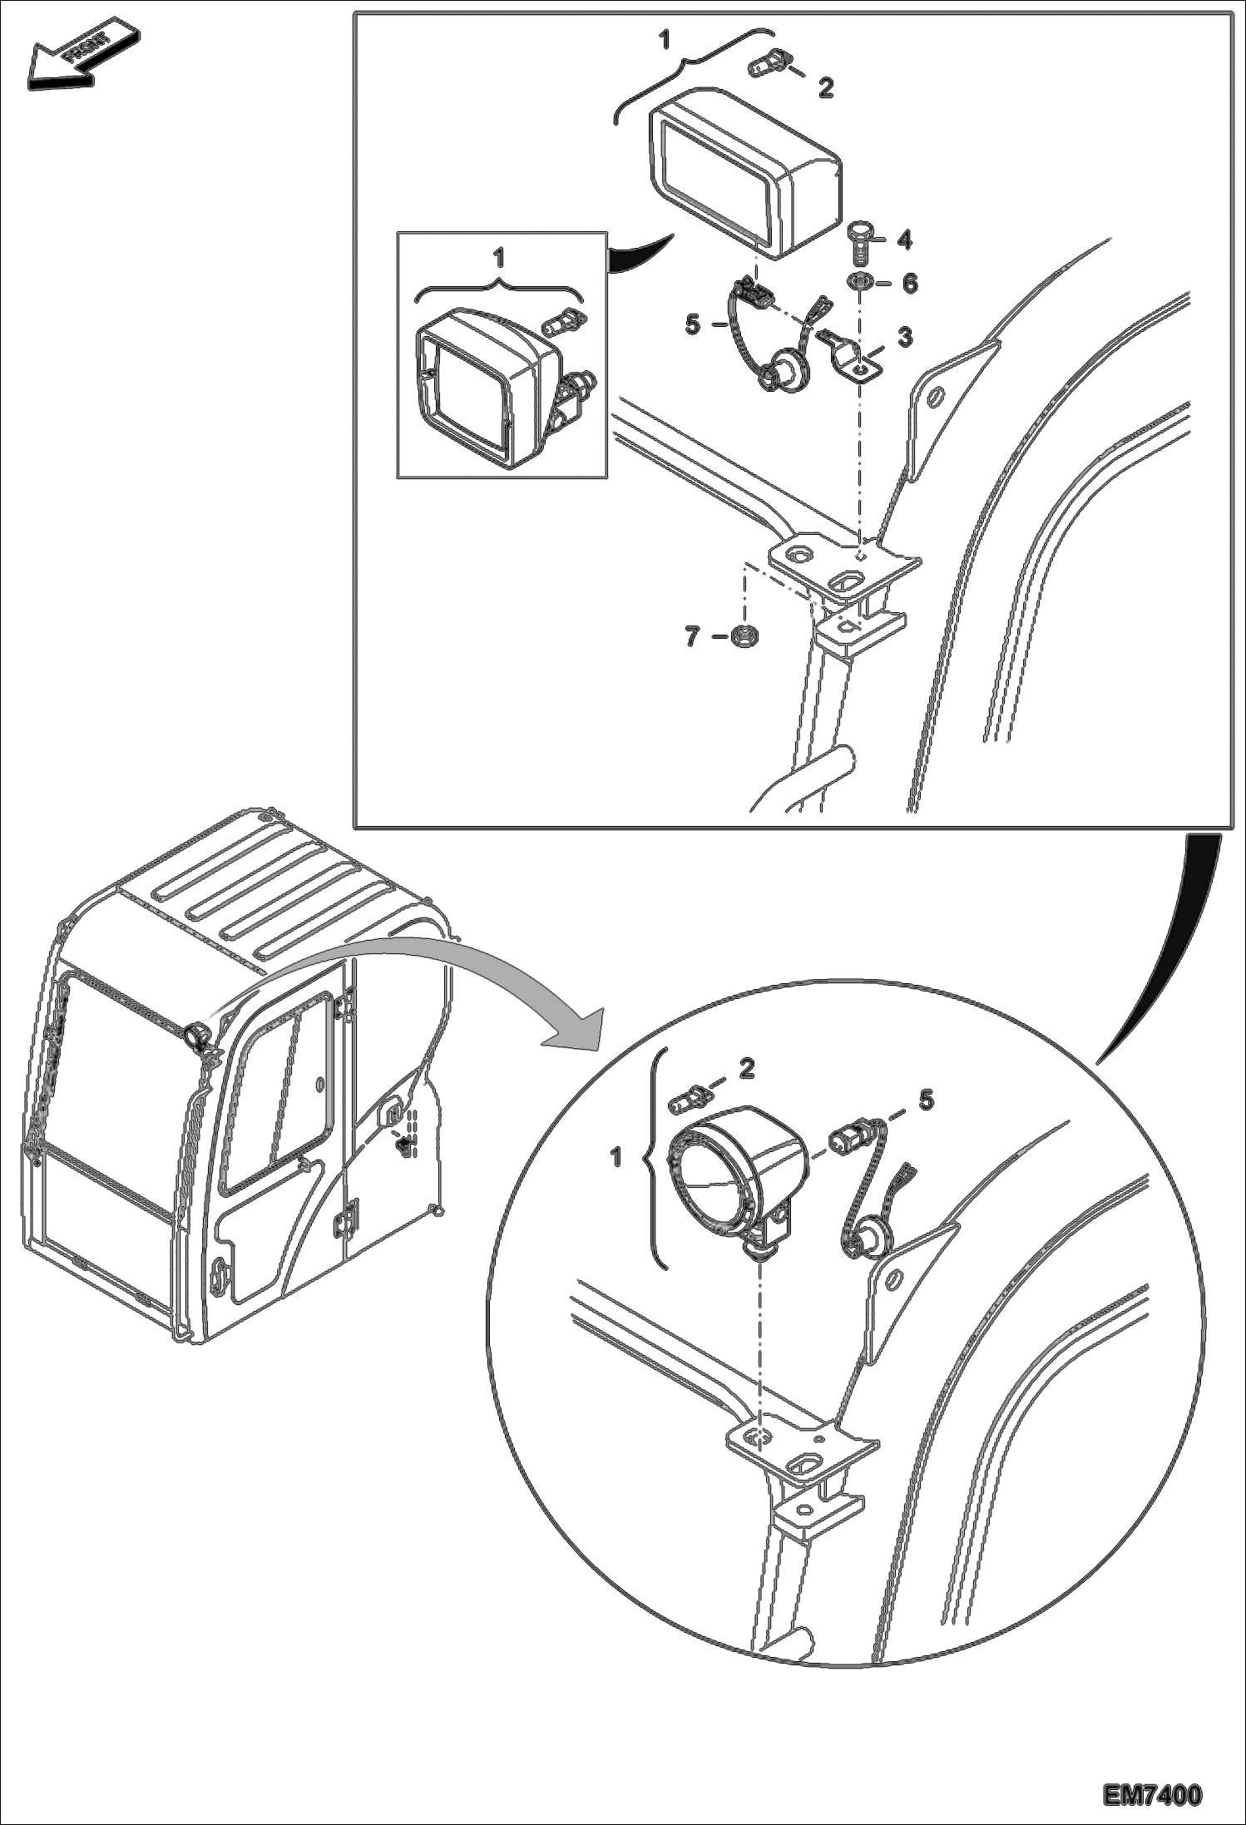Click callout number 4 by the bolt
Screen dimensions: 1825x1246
pos(905,240)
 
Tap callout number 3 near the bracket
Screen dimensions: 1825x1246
pos(905,337)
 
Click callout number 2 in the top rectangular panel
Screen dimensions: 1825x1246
pos(826,87)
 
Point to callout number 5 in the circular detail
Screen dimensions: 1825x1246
pos(926,1100)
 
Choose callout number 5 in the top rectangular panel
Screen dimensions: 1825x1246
pos(693,324)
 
